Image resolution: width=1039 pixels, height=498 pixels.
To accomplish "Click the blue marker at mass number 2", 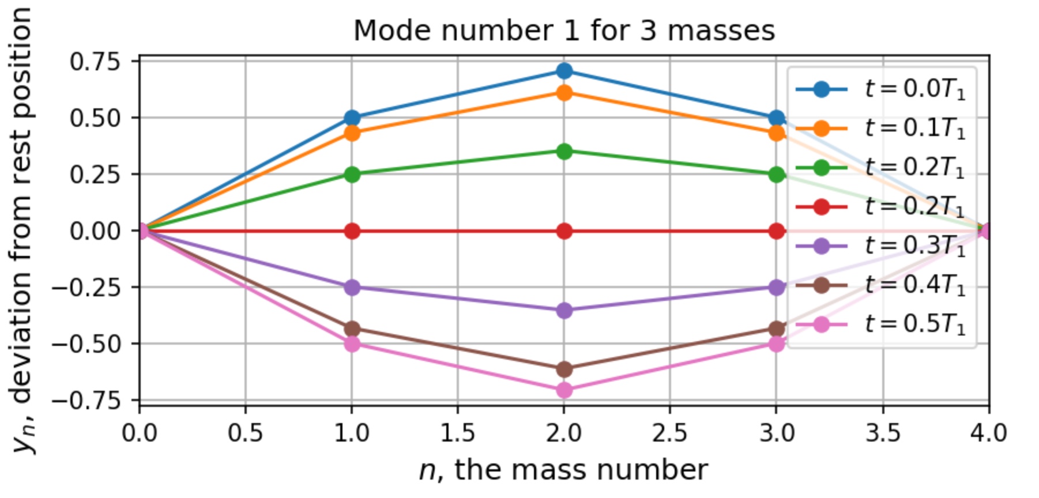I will [564, 71].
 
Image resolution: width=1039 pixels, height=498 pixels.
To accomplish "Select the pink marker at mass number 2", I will [564, 390].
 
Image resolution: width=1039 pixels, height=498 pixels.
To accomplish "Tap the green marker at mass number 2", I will [564, 152].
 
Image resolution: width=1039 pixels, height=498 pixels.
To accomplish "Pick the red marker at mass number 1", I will [352, 231].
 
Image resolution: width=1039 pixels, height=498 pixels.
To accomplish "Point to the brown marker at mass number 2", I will [564, 369].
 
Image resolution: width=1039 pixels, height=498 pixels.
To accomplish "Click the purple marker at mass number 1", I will [352, 287].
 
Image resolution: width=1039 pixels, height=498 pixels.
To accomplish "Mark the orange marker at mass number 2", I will [564, 92].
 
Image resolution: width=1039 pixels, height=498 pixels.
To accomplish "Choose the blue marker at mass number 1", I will [352, 118].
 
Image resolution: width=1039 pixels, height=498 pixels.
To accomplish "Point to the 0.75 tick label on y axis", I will [95, 61].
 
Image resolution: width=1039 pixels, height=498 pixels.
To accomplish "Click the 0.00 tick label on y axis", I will [95, 231].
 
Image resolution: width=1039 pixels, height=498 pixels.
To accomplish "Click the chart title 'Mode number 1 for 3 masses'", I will [564, 31].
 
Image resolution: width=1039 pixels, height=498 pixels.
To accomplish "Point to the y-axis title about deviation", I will [22, 231].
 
